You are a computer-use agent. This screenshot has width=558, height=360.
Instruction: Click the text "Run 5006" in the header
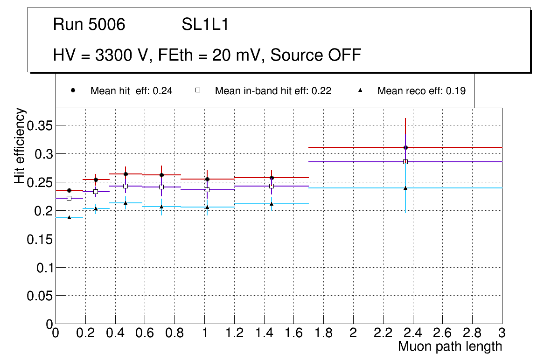[x=89, y=25]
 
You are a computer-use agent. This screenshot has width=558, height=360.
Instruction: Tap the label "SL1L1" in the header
[x=205, y=25]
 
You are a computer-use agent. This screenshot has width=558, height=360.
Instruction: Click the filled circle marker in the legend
[x=73, y=90]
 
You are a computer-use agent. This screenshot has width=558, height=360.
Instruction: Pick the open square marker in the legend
[x=197, y=90]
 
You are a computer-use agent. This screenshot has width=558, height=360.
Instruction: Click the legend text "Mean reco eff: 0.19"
[x=421, y=91]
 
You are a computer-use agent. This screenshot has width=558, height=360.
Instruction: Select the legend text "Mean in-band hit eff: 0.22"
[x=273, y=91]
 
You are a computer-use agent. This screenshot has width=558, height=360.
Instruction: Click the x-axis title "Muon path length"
[x=450, y=346]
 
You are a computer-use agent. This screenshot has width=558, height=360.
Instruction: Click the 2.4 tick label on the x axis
[x=412, y=333]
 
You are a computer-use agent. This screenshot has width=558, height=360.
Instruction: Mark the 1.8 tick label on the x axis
[x=323, y=333]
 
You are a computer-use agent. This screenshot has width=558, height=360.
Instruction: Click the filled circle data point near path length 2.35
[x=405, y=147]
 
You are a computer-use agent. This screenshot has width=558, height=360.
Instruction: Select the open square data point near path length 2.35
[x=405, y=162]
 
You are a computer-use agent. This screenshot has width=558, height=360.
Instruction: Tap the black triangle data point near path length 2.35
[x=405, y=188]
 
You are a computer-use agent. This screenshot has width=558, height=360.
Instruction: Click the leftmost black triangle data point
[x=69, y=217]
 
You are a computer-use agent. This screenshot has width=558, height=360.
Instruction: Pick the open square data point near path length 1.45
[x=272, y=186]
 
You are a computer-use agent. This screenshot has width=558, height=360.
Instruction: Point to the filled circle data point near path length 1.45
[x=272, y=178]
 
